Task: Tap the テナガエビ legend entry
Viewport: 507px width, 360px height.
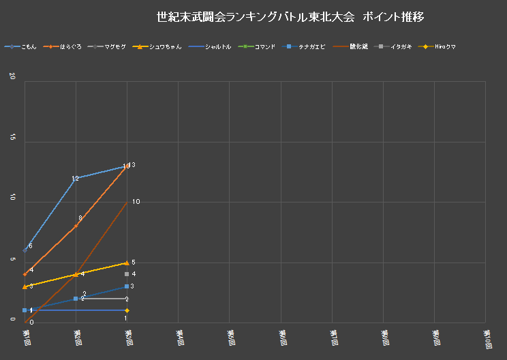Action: point(311,46)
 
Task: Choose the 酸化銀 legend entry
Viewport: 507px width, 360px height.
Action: point(358,46)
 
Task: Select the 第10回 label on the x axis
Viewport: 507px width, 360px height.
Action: point(488,339)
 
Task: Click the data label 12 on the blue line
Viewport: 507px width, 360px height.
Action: point(75,179)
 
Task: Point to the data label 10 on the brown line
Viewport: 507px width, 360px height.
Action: point(136,202)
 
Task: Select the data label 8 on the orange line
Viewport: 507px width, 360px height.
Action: point(80,218)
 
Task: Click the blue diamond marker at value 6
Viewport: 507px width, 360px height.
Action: point(25,250)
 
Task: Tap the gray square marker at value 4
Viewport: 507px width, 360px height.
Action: point(127,274)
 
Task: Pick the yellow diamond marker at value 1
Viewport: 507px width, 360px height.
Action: point(127,310)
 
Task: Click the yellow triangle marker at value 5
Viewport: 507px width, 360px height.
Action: point(127,262)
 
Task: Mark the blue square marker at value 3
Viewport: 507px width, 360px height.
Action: point(127,286)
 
